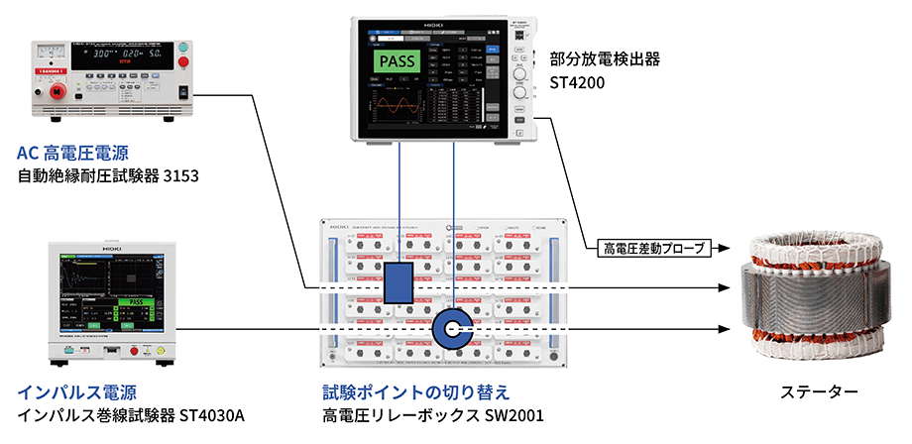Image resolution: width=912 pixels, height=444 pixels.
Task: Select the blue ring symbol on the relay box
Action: coord(455,328)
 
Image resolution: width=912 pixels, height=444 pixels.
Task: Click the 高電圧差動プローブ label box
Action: coord(650,249)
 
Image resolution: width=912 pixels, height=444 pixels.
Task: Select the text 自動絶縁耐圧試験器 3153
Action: coord(109,177)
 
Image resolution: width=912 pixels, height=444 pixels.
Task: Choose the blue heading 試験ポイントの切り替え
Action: coord(413,390)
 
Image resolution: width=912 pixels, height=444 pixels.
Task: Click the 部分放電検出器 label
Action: coord(604,58)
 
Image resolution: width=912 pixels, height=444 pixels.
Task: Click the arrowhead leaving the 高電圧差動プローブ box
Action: coord(727,249)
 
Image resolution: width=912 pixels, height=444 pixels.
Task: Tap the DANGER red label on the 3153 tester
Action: coord(54,71)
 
